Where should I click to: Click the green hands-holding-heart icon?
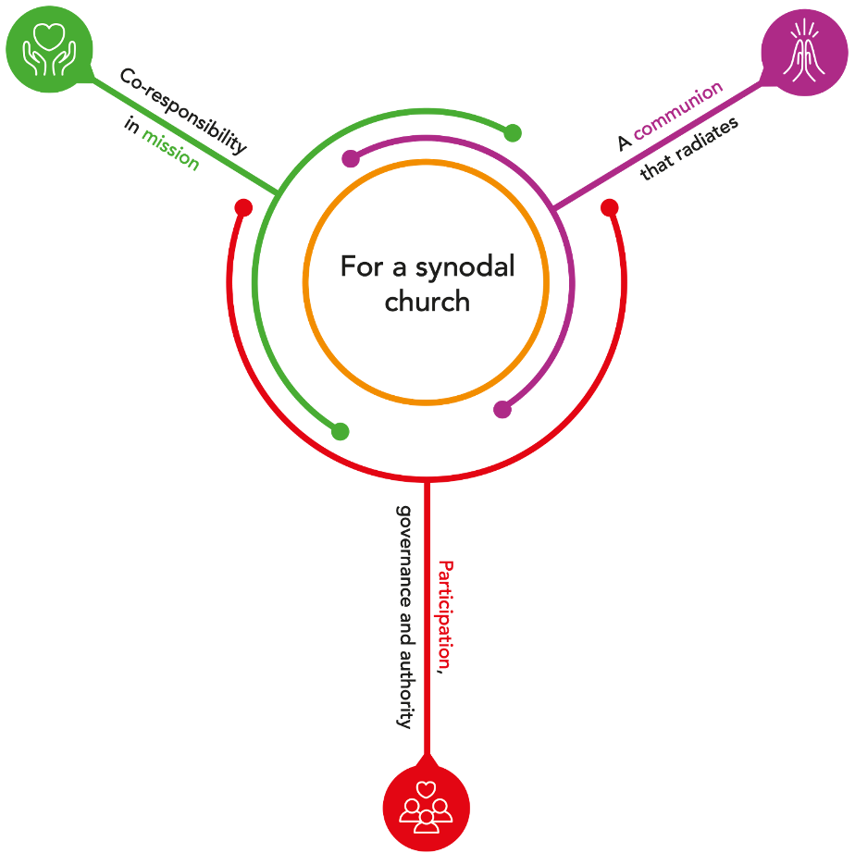pyautogui.click(x=50, y=50)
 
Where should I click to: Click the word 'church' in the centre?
pyautogui.click(x=427, y=303)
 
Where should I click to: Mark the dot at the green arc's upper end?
pyautogui.click(x=513, y=133)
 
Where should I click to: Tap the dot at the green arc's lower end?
pyautogui.click(x=341, y=431)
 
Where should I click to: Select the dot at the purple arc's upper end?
pyautogui.click(x=350, y=159)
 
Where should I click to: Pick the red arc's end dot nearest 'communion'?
pyautogui.click(x=609, y=208)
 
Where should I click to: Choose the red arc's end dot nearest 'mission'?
pyautogui.click(x=243, y=208)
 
